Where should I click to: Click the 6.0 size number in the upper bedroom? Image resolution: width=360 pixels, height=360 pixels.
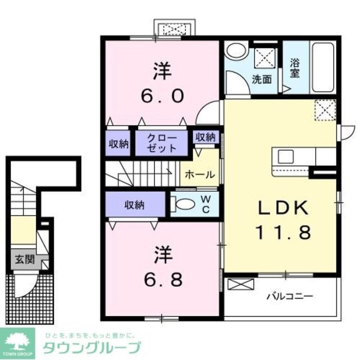[161, 96]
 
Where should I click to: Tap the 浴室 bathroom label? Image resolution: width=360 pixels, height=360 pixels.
[294, 69]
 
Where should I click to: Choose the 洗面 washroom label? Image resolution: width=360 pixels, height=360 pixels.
[262, 79]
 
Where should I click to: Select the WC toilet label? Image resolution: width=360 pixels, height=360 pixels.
[206, 206]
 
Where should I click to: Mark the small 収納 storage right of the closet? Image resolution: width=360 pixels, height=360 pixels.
[205, 137]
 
